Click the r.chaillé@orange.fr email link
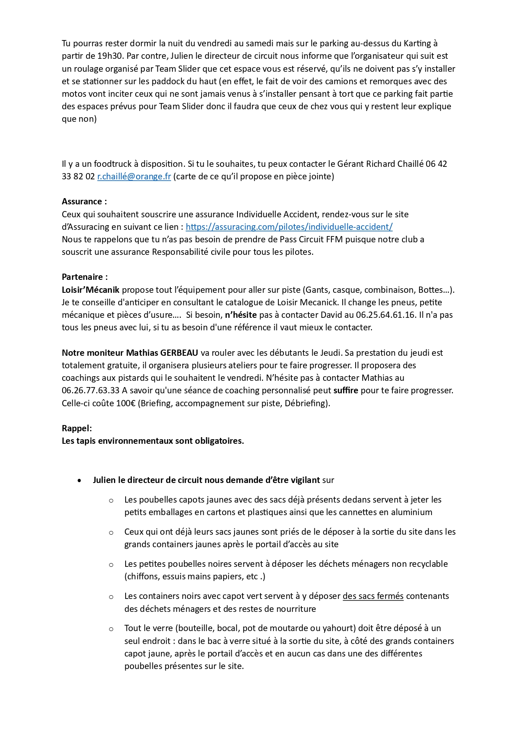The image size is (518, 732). pyautogui.click(x=134, y=176)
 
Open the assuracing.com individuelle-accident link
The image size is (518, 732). pyautogui.click(x=289, y=227)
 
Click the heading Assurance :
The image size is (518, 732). pyautogui.click(x=84, y=201)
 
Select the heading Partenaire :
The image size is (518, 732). pyautogui.click(x=85, y=277)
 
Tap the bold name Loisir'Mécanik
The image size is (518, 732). pyautogui.click(x=91, y=290)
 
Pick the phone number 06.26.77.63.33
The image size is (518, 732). pyautogui.click(x=91, y=391)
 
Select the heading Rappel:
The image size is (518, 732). pyautogui.click(x=77, y=428)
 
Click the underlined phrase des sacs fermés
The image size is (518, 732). pyautogui.click(x=373, y=596)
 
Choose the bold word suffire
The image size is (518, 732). pyautogui.click(x=346, y=391)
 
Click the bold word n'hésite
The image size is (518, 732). pyautogui.click(x=241, y=315)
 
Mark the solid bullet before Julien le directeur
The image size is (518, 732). pyautogui.click(x=79, y=480)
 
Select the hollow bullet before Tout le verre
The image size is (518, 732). pyautogui.click(x=111, y=629)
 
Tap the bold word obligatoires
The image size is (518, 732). pyautogui.click(x=220, y=441)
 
